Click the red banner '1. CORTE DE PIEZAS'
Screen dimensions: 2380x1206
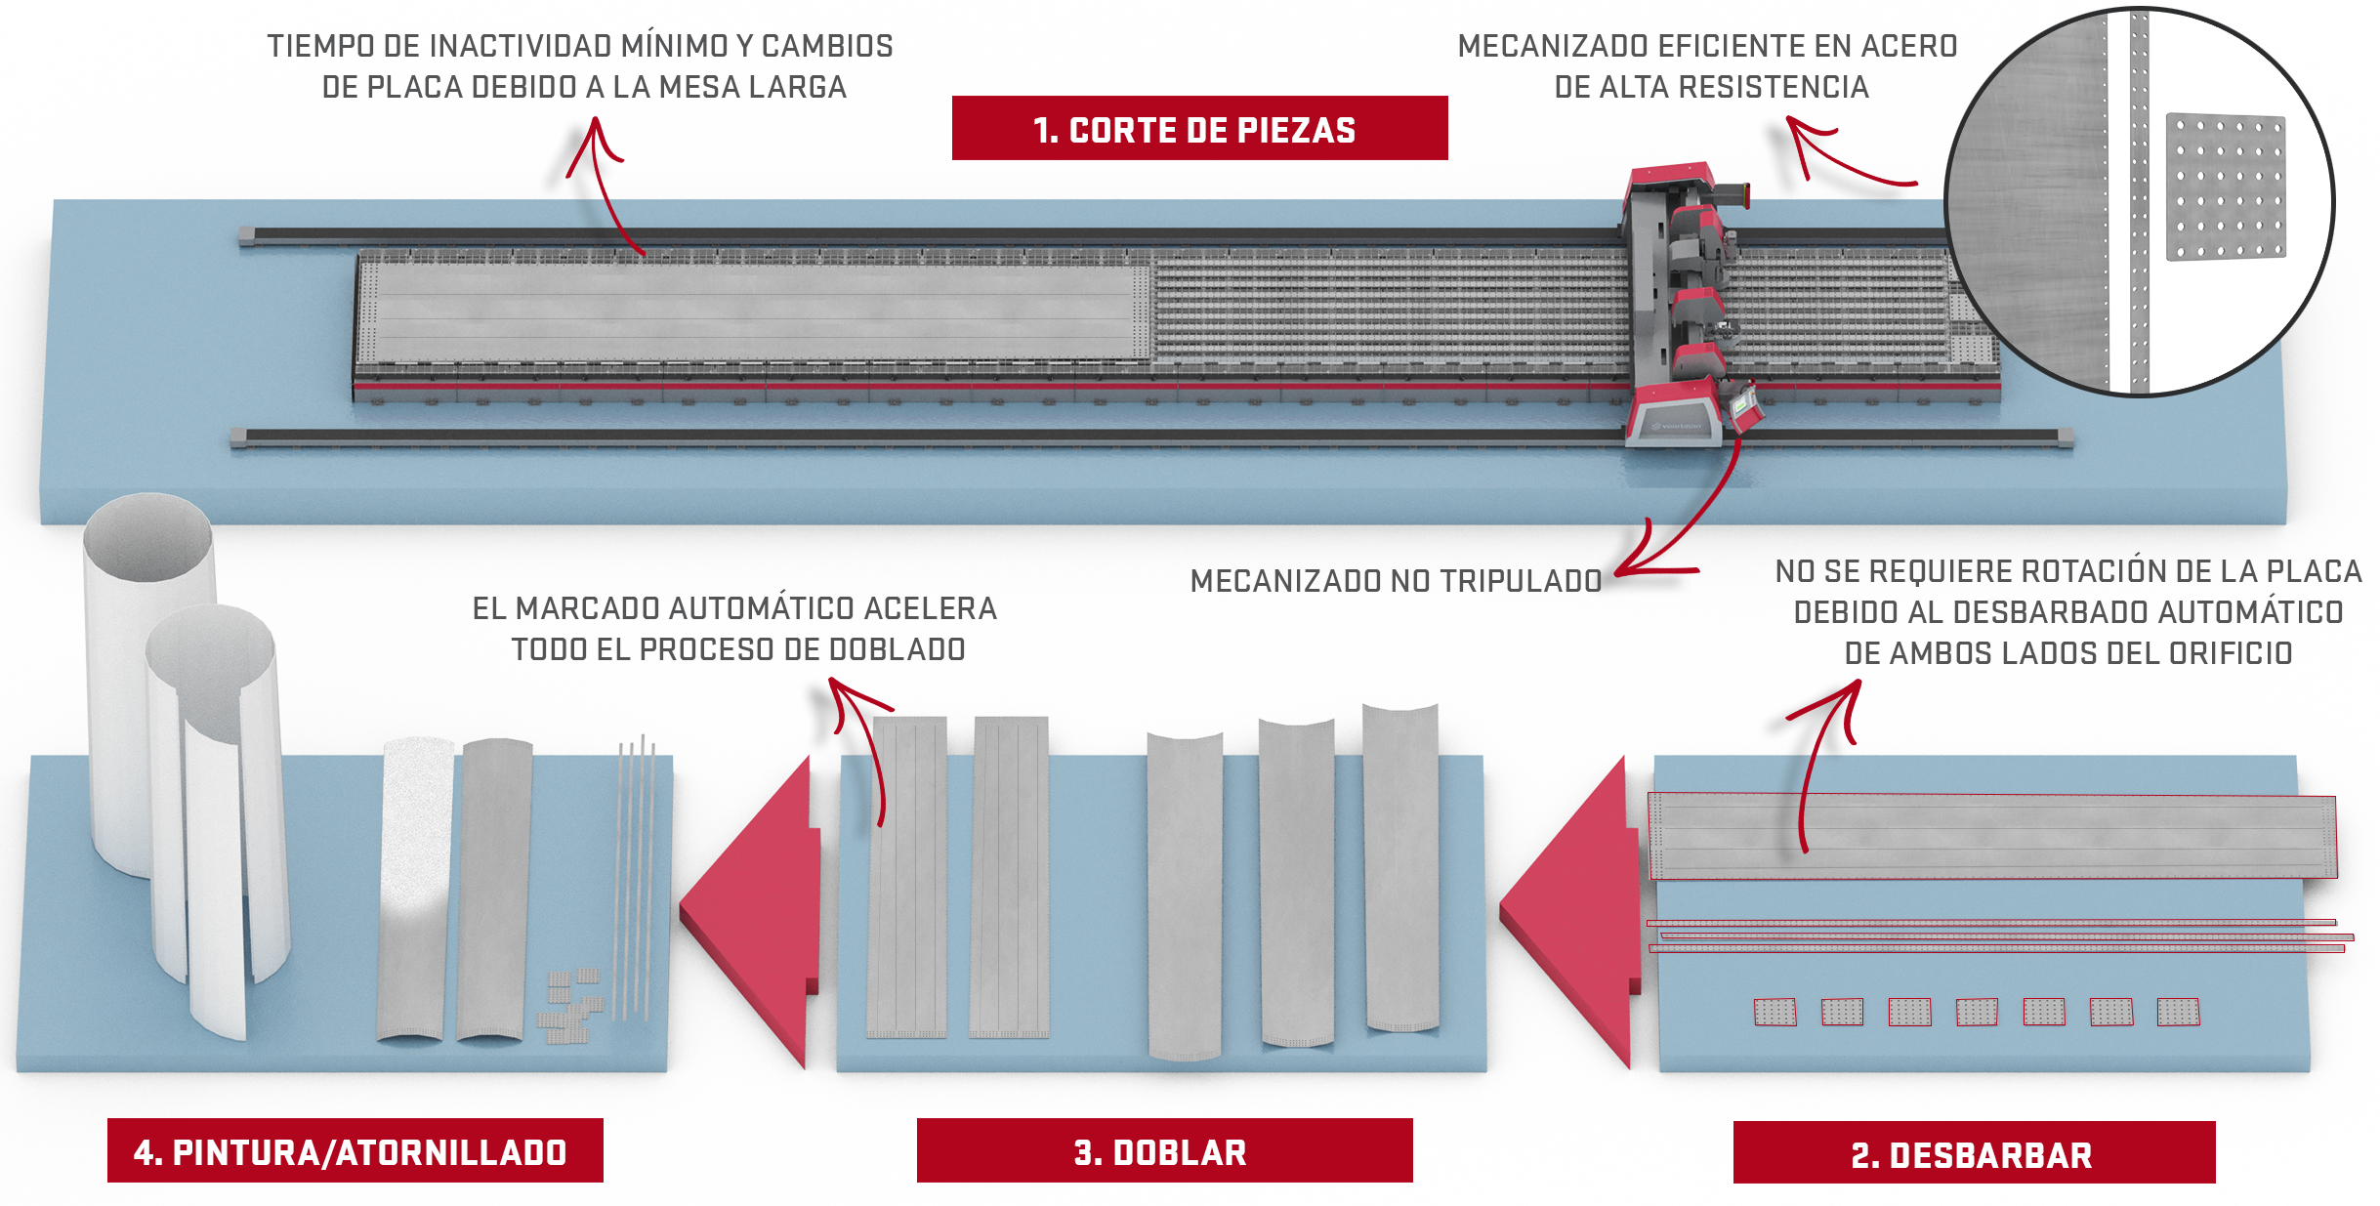coord(1199,128)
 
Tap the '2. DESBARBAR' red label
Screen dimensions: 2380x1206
coord(1974,1152)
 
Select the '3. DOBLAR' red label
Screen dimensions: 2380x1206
coord(1164,1150)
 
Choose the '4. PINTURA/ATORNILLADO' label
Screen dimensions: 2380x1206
coord(355,1150)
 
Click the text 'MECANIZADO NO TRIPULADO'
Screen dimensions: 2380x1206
coord(1396,581)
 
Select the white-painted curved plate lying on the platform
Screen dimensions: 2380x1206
coord(416,889)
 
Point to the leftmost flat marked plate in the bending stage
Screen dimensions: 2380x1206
coord(907,877)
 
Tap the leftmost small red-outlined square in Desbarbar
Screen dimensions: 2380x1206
coord(1775,1013)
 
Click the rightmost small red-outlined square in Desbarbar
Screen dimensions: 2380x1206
coord(2178,1012)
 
